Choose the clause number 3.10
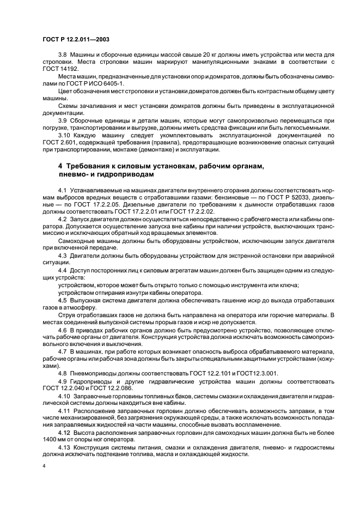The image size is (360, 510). (63, 133)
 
